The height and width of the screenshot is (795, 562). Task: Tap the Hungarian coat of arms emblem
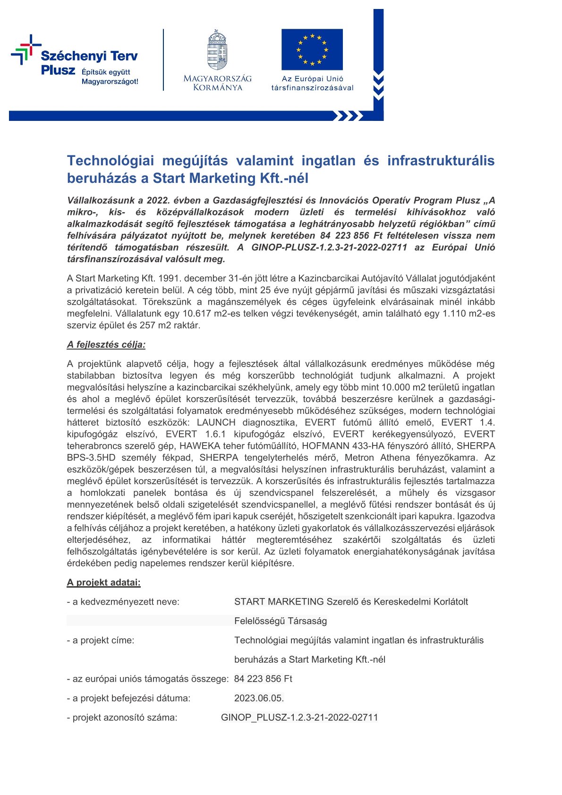pos(217,50)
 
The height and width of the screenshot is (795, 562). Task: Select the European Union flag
pos(312,50)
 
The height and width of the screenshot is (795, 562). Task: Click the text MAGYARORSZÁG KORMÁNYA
pos(217,83)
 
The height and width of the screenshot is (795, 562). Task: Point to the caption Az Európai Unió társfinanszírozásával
pos(312,83)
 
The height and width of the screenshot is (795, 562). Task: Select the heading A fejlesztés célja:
pos(106,344)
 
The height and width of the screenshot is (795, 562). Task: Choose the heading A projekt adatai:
pos(104,582)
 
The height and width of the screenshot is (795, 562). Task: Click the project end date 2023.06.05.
pos(259,698)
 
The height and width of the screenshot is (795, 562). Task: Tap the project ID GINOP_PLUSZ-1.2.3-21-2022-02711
pos(299,718)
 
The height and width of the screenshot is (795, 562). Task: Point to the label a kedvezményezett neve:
pos(123,602)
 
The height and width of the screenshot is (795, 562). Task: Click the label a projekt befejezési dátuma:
pos(128,698)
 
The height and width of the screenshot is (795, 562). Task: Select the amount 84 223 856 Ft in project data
pos(263,679)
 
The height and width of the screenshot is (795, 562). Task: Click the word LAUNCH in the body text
pos(216,422)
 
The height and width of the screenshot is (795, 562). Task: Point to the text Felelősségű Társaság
pos(281,621)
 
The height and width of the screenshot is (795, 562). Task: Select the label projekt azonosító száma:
pos(122,718)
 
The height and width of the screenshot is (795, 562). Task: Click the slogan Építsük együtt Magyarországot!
pos(110,77)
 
